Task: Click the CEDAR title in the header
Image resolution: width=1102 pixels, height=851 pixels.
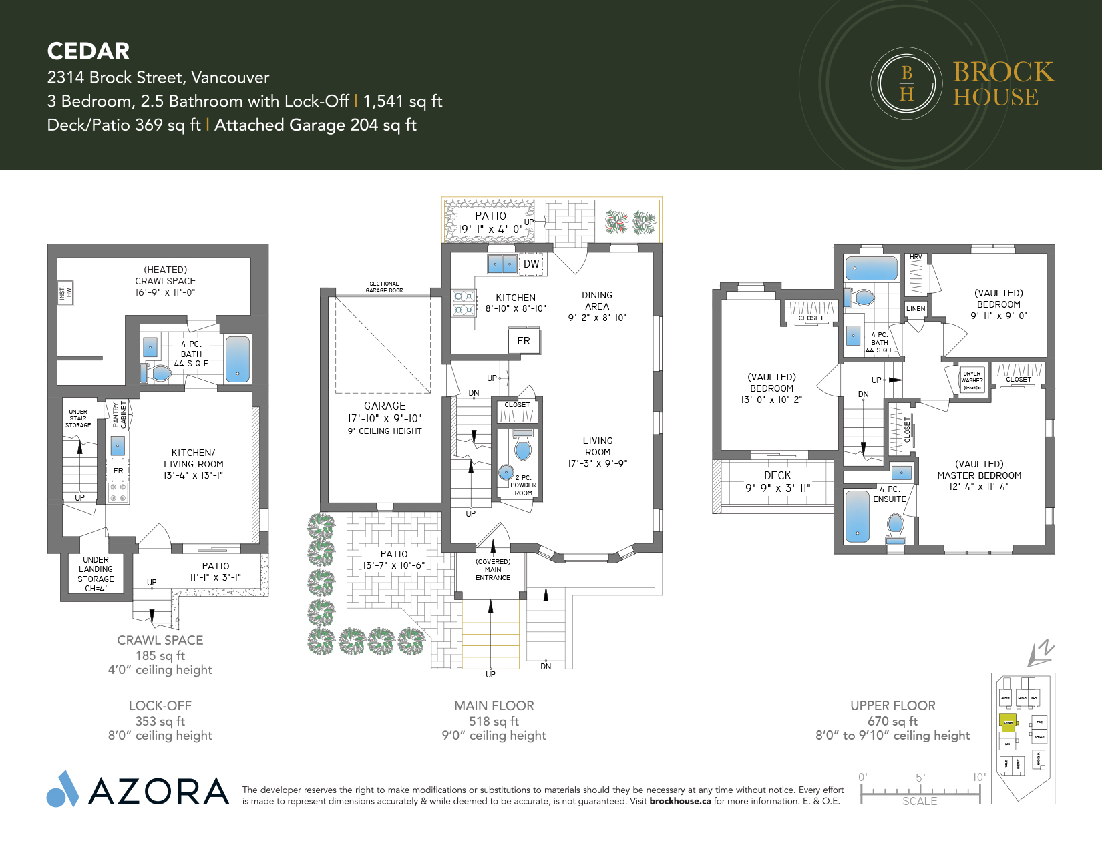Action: [x=88, y=51]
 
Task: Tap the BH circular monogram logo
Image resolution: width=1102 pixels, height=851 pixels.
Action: [x=906, y=83]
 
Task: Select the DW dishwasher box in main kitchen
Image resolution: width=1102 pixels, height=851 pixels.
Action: [x=531, y=264]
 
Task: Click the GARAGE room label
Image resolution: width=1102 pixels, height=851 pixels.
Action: [x=385, y=406]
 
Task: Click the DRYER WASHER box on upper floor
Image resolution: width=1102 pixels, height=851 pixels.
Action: [x=972, y=380]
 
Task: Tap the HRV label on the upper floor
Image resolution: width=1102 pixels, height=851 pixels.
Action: [x=916, y=257]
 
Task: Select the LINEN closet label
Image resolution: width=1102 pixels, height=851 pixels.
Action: [x=916, y=308]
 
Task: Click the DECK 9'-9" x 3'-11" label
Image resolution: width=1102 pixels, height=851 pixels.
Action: [x=777, y=481]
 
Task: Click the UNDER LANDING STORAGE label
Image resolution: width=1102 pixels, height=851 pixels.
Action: [x=96, y=574]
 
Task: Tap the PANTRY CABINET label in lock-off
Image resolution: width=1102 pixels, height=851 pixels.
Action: [x=120, y=414]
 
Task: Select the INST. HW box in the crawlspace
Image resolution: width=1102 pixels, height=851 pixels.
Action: [x=65, y=292]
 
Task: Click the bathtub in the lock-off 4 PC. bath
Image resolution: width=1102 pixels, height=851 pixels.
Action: [x=237, y=358]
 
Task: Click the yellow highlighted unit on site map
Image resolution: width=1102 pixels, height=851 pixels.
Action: [x=1008, y=722]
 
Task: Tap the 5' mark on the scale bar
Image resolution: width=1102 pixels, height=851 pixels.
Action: [x=920, y=778]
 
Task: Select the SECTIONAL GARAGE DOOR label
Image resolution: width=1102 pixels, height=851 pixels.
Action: [x=384, y=287]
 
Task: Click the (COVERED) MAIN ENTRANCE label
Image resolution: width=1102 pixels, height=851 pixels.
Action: [x=493, y=569]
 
